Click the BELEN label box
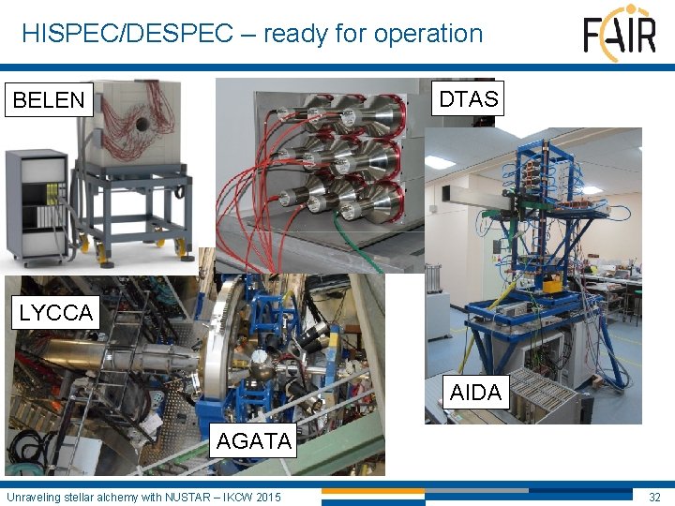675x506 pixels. point(49,99)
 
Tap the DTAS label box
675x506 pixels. point(468,97)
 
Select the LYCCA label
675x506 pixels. point(56,312)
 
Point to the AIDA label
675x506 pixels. point(475,393)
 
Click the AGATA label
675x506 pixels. point(253,440)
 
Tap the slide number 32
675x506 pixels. point(653,496)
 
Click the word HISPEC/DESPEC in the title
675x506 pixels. point(127,34)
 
